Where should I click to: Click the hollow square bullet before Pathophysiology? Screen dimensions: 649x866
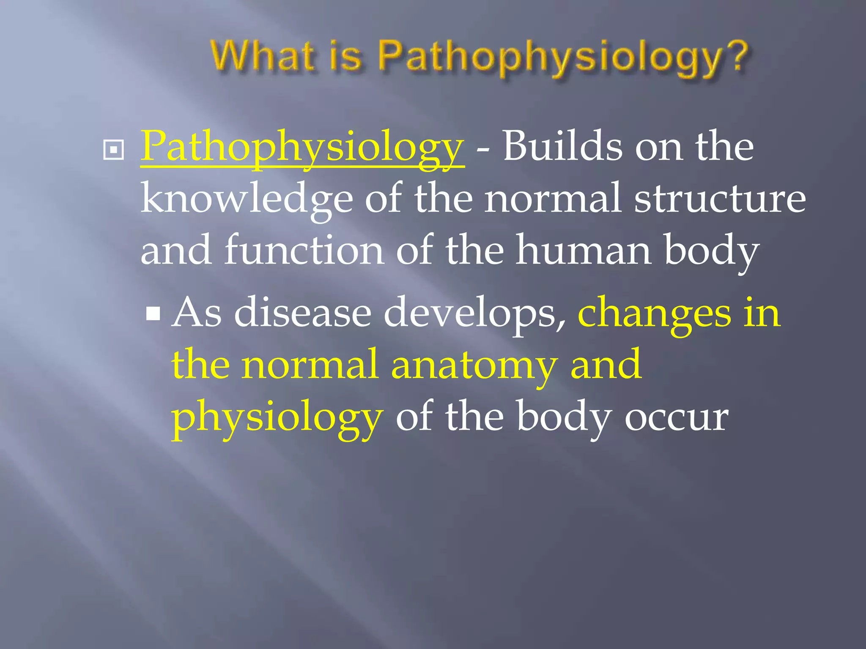point(113,150)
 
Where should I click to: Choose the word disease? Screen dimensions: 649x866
point(303,313)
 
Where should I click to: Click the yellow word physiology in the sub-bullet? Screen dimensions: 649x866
point(277,418)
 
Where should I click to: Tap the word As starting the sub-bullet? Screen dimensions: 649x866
point(197,313)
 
